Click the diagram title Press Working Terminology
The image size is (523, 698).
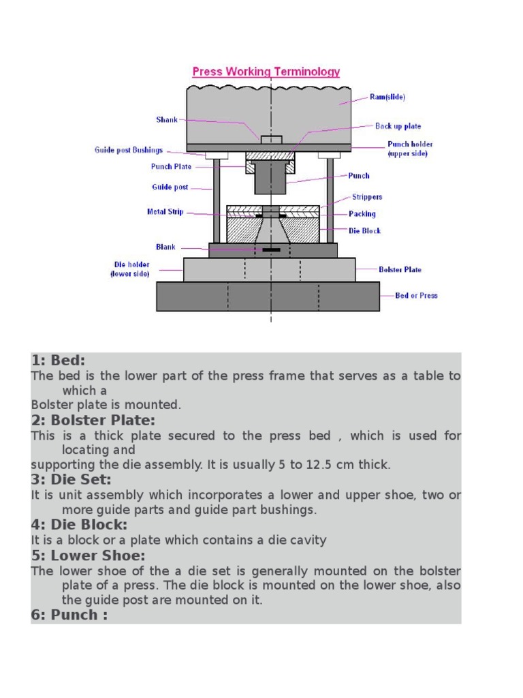point(266,72)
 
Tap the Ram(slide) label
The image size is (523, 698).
point(387,97)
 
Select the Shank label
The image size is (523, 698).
point(166,120)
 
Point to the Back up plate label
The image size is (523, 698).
point(398,126)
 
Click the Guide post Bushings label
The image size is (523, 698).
point(129,150)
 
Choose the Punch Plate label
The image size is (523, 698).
point(171,166)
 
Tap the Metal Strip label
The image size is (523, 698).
point(165,212)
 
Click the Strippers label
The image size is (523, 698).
point(367,197)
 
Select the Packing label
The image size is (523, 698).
point(362,214)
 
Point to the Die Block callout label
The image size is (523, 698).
point(365,231)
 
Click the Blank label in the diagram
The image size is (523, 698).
point(165,247)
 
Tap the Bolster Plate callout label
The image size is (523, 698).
point(400,270)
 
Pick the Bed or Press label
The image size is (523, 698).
point(416,296)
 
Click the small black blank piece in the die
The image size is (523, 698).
point(271,250)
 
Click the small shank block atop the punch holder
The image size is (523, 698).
point(271,140)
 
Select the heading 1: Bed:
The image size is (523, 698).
point(58,361)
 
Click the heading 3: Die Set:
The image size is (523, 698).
point(71,480)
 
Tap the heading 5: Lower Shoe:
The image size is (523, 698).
point(88,556)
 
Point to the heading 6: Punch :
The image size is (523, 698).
point(69,616)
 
